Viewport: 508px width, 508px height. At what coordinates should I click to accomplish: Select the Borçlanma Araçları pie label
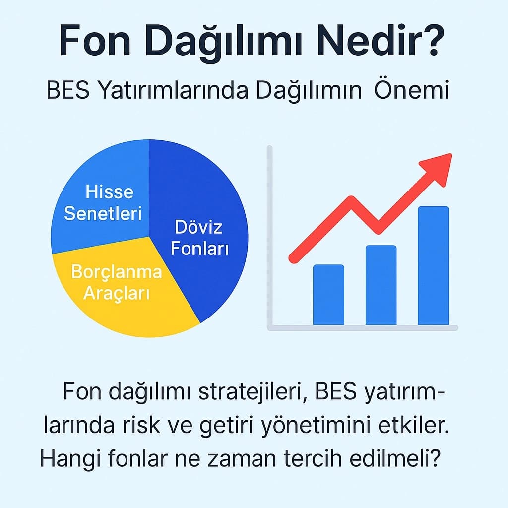(x=117, y=282)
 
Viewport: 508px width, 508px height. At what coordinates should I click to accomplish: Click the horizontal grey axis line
(x=362, y=327)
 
